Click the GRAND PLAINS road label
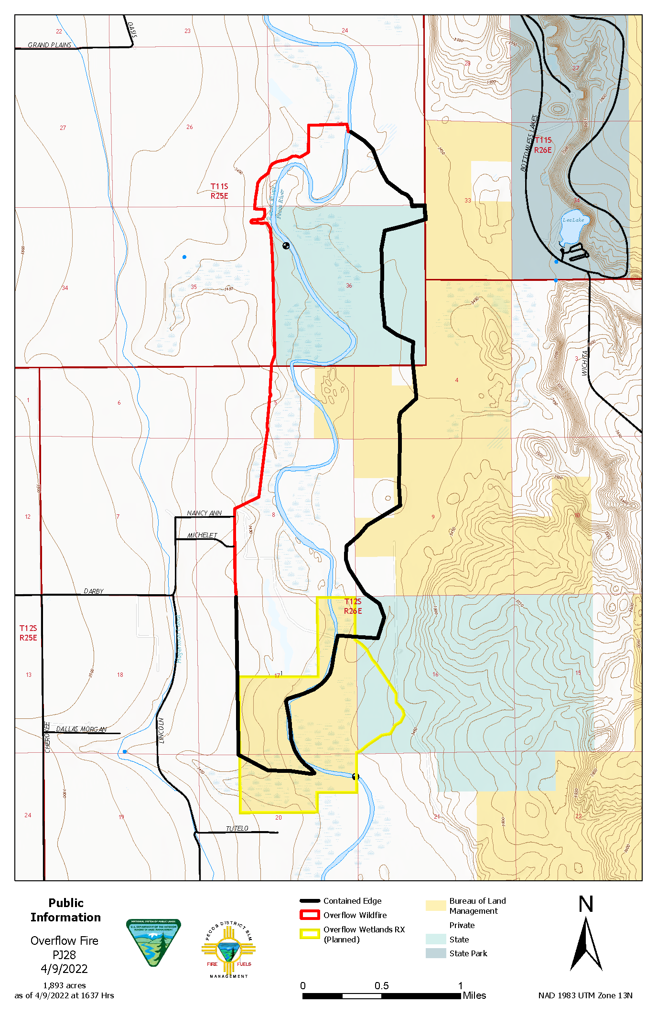[x=49, y=45]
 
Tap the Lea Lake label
[x=573, y=220]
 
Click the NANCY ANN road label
[x=204, y=513]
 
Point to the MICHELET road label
[x=202, y=535]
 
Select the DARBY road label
[x=94, y=591]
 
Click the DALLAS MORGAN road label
[x=81, y=729]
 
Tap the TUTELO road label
[x=237, y=829]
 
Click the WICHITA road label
[x=585, y=363]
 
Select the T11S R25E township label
[x=219, y=191]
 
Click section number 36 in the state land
[x=349, y=286]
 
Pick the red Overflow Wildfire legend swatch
[x=309, y=915]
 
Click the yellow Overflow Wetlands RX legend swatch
[x=309, y=934]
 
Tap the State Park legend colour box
[x=435, y=953]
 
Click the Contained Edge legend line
[x=309, y=901]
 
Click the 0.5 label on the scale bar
[x=381, y=986]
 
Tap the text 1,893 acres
[x=65, y=985]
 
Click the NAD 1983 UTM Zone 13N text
[x=585, y=995]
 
